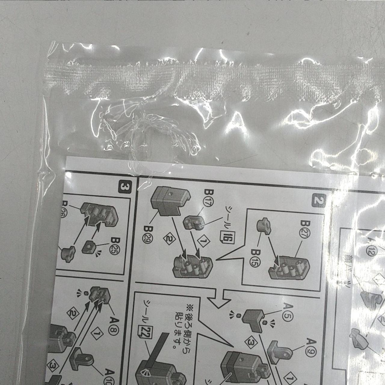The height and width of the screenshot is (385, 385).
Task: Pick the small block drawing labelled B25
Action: tap(89, 248)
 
